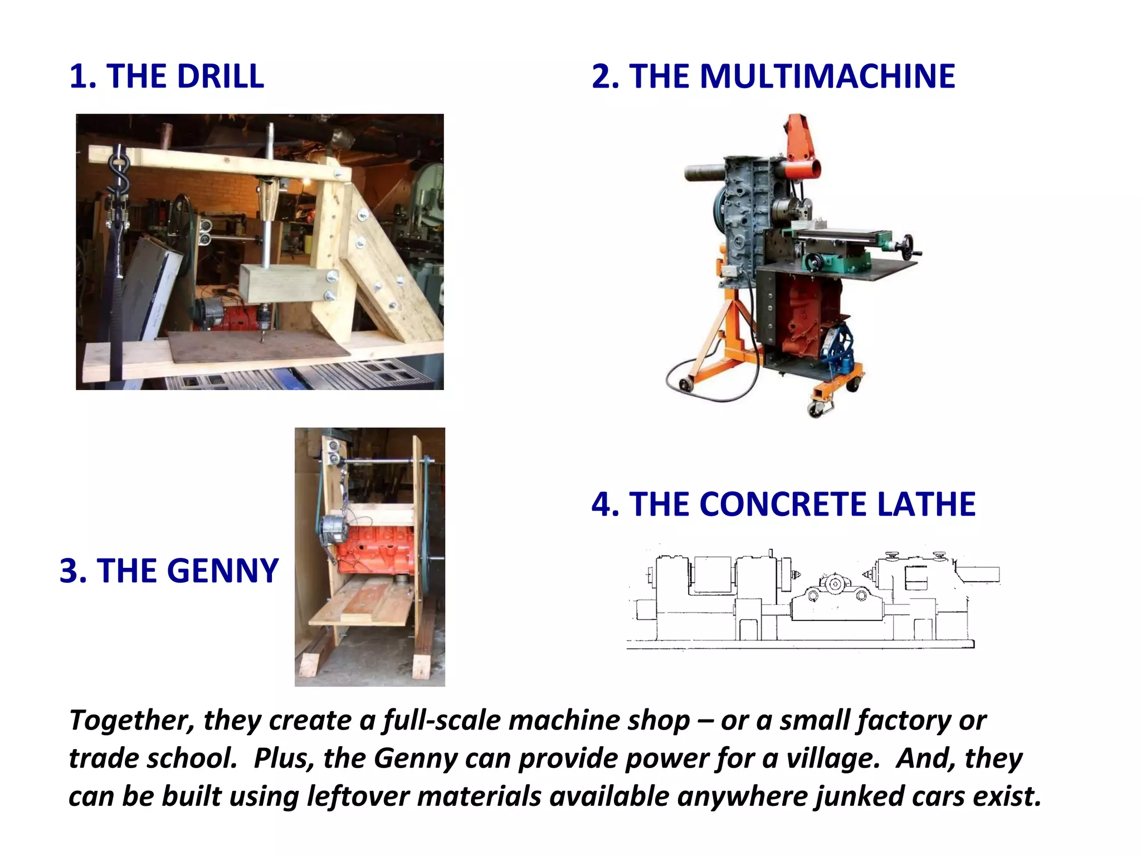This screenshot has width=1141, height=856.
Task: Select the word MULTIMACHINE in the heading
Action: (792, 76)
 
